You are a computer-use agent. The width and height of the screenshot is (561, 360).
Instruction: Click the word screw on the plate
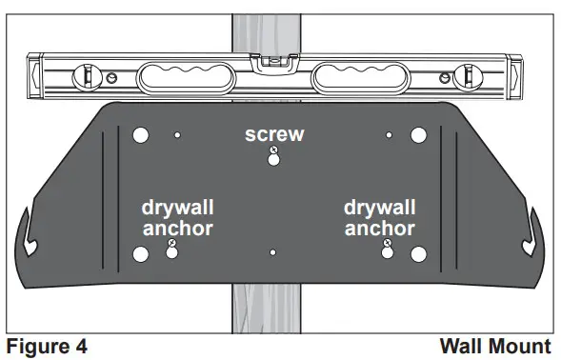274,134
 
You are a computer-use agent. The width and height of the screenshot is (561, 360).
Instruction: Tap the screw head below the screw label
273,151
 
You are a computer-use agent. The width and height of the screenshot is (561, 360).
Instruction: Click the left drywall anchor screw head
171,245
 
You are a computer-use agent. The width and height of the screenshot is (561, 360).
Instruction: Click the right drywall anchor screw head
387,245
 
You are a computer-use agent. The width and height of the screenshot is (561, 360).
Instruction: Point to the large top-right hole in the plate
417,135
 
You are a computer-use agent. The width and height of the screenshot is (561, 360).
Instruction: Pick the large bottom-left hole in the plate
141,254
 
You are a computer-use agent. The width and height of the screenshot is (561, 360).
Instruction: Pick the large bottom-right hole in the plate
417,254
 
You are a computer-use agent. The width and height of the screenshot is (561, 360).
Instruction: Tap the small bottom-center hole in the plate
273,252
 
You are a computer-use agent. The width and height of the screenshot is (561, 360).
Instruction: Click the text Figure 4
47,345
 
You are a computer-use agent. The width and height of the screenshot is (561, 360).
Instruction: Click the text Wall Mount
495,345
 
